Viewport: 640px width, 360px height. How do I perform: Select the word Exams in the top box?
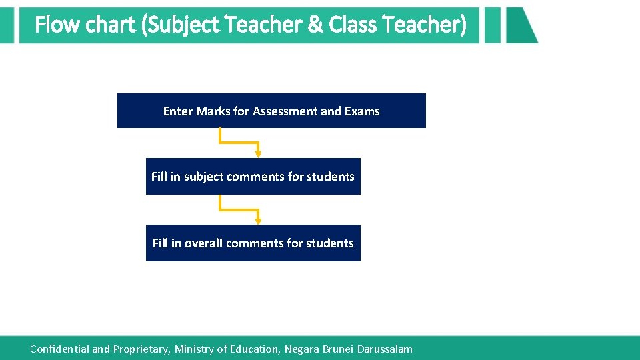pos(362,111)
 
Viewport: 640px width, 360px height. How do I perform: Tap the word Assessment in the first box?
pos(285,111)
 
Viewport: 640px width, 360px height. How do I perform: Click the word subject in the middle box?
pos(204,177)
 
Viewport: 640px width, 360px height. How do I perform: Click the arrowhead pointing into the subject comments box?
pos(259,154)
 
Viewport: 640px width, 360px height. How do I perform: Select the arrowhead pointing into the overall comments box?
pos(259,221)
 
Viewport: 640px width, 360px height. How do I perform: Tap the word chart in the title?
pos(111,25)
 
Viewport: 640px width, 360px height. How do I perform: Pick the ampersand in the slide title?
pos(315,25)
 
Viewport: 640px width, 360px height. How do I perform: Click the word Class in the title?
pos(353,25)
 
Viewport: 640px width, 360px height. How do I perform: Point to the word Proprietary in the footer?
pos(142,349)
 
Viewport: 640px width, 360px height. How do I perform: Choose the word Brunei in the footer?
pos(338,349)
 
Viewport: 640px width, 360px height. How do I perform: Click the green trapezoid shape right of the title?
pos(519,25)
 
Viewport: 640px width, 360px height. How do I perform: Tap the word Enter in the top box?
pos(178,111)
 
